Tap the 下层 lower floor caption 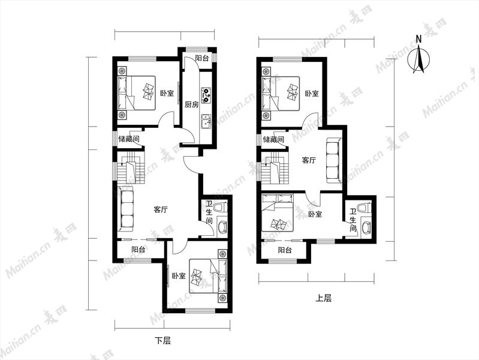tap(162, 340)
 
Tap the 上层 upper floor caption tap(324, 298)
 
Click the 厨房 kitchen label tap(191, 105)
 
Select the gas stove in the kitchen tap(206, 95)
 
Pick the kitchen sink tap(206, 121)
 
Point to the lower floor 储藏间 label tap(129, 139)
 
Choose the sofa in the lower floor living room tap(125, 208)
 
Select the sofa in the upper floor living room tap(333, 161)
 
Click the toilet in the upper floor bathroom tap(364, 208)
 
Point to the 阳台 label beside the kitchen tap(202, 58)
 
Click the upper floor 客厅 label tap(309, 160)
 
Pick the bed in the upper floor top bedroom tap(281, 93)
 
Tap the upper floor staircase tap(275, 169)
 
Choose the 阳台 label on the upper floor tap(285, 251)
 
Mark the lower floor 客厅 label tap(161, 210)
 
